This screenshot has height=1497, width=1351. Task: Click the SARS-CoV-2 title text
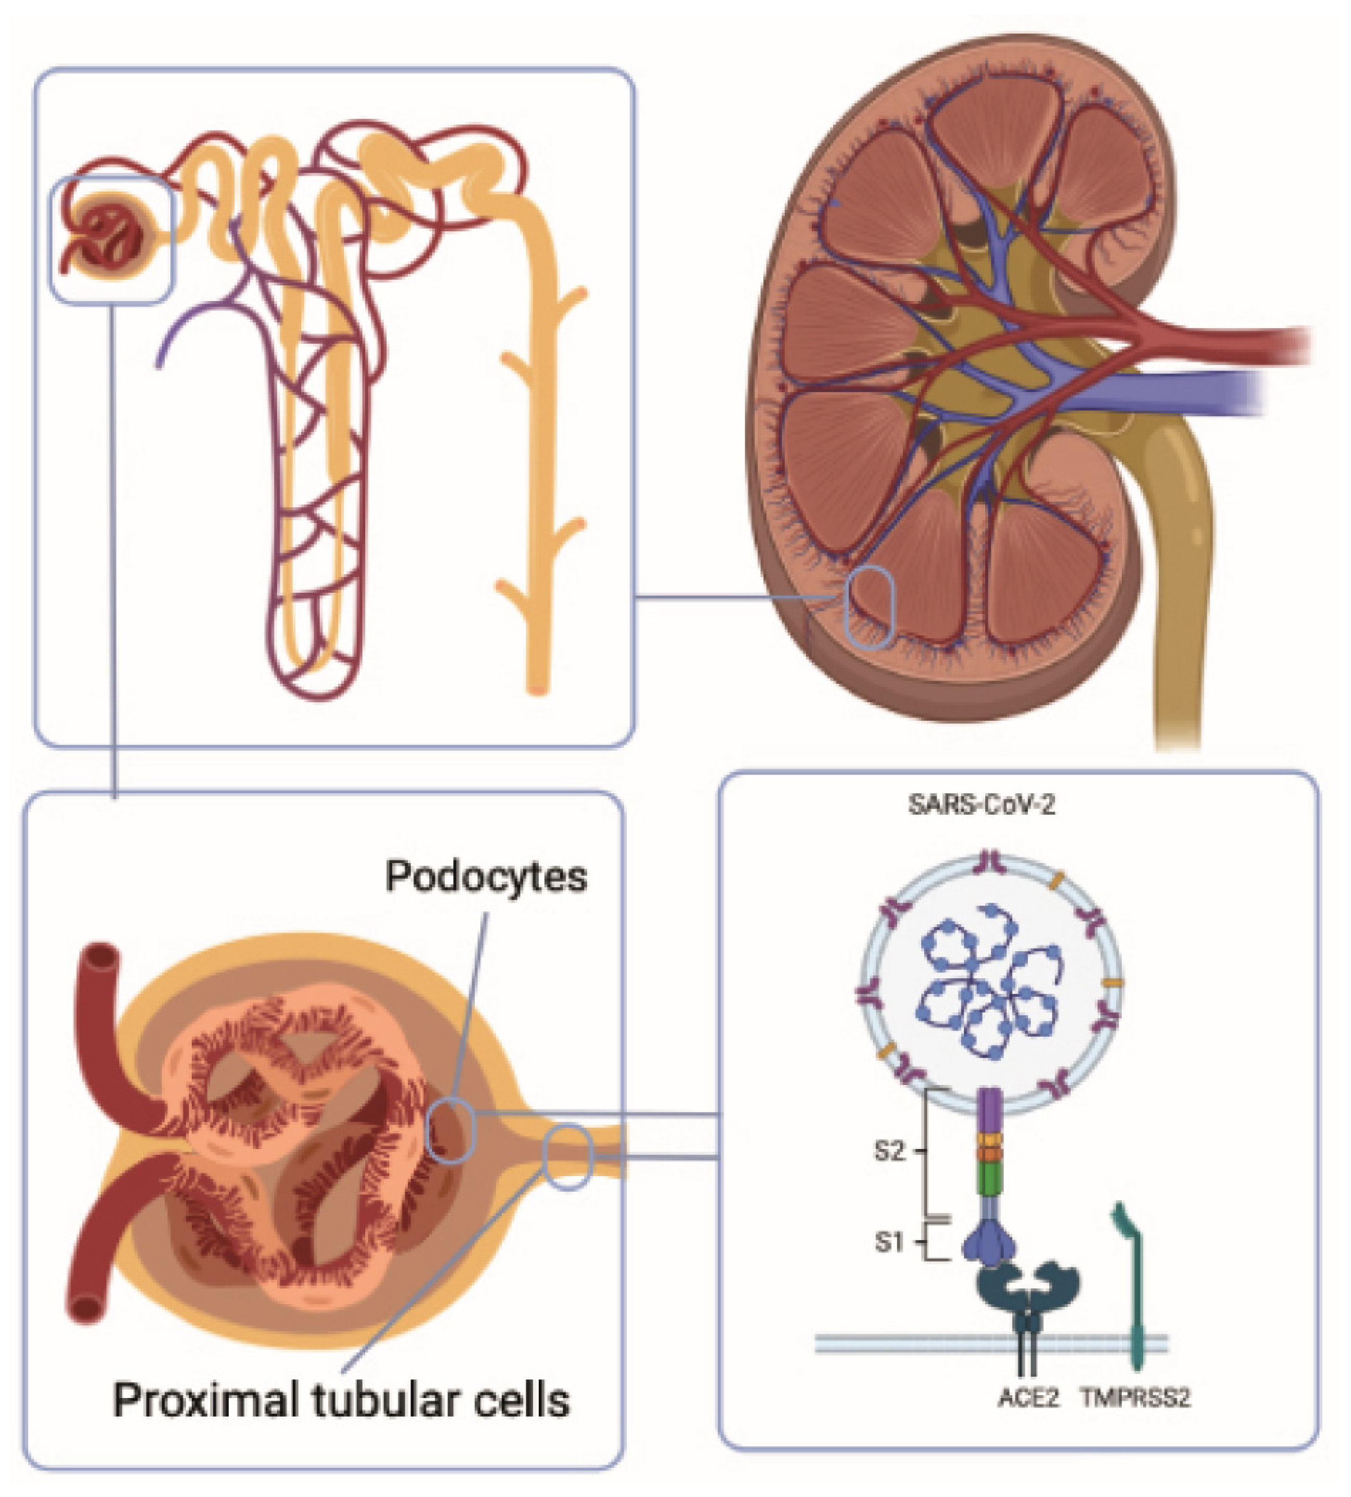point(981,805)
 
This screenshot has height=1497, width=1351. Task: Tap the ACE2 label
point(1028,1398)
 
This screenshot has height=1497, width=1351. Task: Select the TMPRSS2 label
point(1136,1398)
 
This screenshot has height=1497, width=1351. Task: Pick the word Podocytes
point(486,877)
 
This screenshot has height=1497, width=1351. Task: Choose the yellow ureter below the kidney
point(1180,631)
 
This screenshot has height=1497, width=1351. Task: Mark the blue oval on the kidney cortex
point(871,607)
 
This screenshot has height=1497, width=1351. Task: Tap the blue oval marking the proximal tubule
point(568,1158)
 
